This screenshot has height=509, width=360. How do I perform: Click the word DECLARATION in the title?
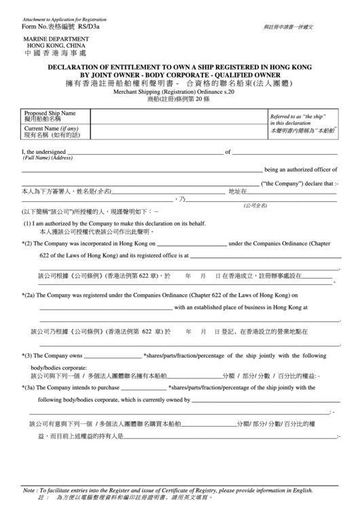77,67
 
